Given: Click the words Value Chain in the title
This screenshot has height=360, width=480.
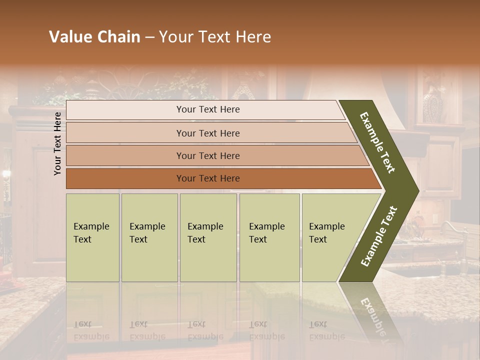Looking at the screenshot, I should pyautogui.click(x=94, y=37).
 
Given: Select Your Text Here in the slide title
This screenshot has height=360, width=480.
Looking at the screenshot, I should pyautogui.click(x=215, y=37).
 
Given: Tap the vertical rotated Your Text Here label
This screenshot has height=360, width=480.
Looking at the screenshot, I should pyautogui.click(x=58, y=143).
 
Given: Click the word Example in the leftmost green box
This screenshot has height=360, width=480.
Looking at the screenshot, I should pyautogui.click(x=91, y=226).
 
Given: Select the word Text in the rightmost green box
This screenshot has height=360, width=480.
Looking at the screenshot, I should pyautogui.click(x=317, y=239).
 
